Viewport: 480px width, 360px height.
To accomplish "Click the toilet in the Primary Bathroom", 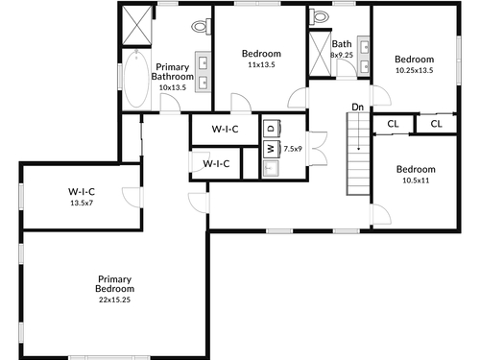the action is click(x=202, y=26).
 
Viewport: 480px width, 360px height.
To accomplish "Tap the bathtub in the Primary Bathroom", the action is click(x=136, y=79).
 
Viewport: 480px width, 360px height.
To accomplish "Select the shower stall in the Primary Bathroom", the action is click(x=137, y=25).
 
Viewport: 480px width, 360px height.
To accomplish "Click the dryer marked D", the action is click(x=272, y=129).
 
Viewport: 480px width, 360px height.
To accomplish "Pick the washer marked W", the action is click(x=272, y=149).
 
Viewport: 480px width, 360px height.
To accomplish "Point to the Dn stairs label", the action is click(x=357, y=107).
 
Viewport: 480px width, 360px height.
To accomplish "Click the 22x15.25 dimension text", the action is click(x=114, y=300).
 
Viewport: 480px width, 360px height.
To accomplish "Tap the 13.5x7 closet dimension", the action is click(x=82, y=203).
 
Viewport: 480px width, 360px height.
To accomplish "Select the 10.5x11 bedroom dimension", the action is click(x=416, y=180).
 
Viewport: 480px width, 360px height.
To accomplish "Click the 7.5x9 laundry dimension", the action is click(x=293, y=149).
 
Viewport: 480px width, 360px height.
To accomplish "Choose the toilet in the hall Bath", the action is click(x=319, y=16).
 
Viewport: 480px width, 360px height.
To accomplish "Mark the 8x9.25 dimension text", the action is click(x=342, y=55).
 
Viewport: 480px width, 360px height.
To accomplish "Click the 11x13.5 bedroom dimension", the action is click(x=261, y=64).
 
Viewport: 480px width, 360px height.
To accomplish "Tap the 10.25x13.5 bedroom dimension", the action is click(x=415, y=70).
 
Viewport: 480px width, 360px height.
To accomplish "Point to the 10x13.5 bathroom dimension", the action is click(x=173, y=87).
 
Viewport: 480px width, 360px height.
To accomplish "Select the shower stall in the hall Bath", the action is click(x=320, y=54).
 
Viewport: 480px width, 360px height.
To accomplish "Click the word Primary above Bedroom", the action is click(x=114, y=279).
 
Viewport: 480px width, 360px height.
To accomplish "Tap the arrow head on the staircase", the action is click(x=359, y=149).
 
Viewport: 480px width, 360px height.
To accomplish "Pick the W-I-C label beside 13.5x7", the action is click(x=82, y=192).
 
